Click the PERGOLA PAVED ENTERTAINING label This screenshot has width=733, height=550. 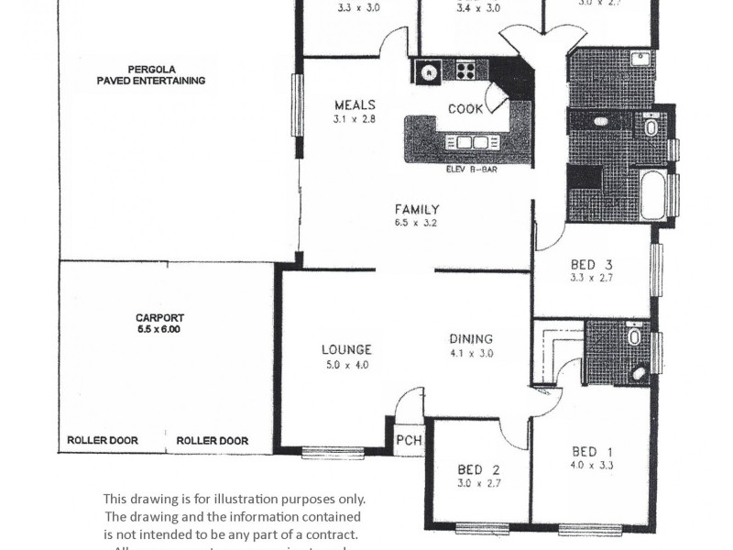click(x=151, y=74)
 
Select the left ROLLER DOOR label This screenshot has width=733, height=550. click(x=103, y=441)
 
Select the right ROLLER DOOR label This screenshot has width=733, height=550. click(x=212, y=441)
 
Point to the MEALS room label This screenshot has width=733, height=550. click(x=355, y=104)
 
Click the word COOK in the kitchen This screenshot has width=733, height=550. click(x=465, y=109)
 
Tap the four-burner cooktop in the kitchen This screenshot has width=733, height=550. click(x=465, y=71)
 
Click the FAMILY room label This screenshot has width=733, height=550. click(x=417, y=208)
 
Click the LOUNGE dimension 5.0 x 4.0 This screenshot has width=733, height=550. click(x=346, y=364)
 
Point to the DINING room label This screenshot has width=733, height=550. click(x=471, y=338)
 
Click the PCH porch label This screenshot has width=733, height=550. click(x=409, y=441)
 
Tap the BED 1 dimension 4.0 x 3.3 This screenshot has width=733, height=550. click(x=594, y=466)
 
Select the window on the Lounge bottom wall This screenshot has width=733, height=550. click(x=333, y=451)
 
